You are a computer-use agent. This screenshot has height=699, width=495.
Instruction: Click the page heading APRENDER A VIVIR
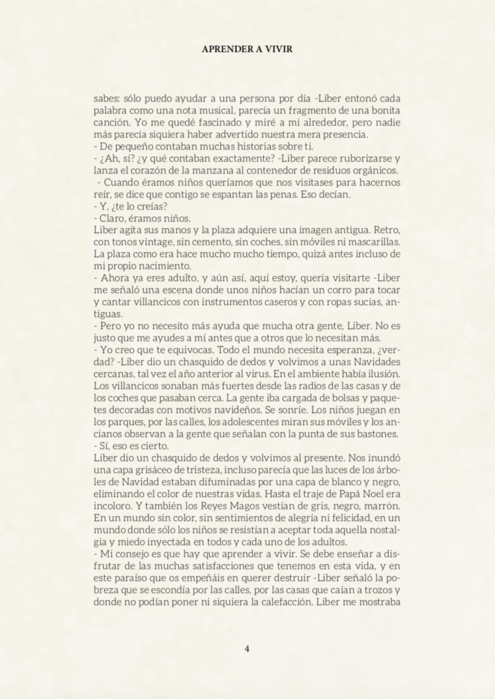[247, 49]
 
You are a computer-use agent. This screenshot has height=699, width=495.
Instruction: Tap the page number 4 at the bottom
[246, 648]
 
